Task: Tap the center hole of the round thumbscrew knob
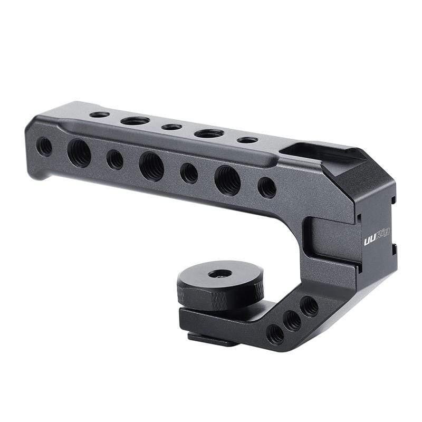coord(220,274)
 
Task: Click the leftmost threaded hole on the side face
coord(44,146)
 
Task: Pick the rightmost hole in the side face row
coord(267,187)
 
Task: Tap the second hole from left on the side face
coord(79,153)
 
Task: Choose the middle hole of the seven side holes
coord(151,167)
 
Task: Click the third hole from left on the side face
coord(114,159)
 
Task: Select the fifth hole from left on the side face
coord(189,173)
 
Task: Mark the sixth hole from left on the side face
coord(227,180)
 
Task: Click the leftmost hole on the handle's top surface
coord(99,114)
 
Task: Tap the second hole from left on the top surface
coord(135,121)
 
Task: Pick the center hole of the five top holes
coord(171,127)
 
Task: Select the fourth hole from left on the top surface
coord(209,133)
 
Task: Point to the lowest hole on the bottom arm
coord(275,334)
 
